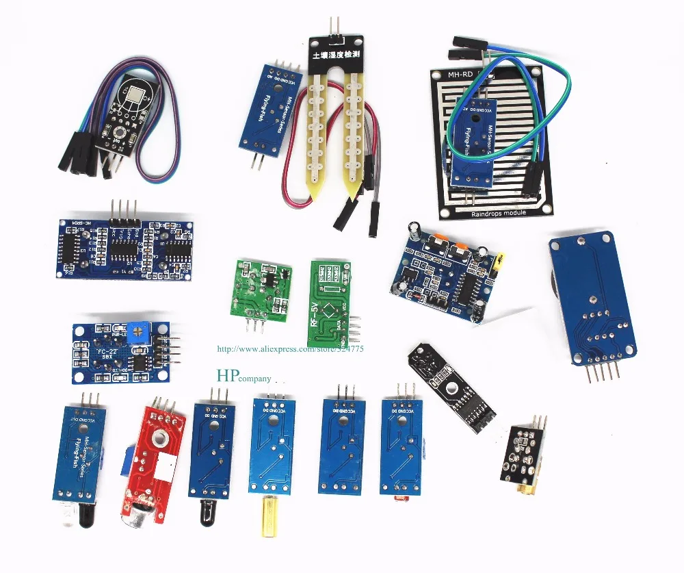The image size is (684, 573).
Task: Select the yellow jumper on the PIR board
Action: [503, 259]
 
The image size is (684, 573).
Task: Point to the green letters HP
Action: [224, 375]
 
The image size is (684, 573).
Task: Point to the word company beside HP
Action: [255, 378]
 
